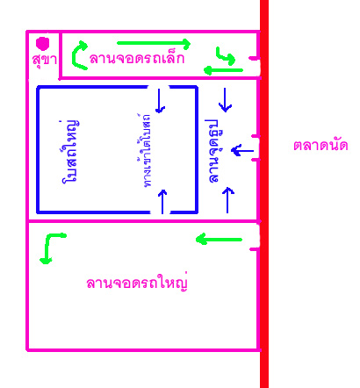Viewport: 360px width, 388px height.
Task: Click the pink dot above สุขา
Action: [x=43, y=43]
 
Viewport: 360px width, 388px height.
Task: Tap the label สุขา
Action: [x=44, y=60]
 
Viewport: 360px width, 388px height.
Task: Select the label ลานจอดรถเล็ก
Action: [x=137, y=58]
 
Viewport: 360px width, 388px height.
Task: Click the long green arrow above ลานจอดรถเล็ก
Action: [x=154, y=44]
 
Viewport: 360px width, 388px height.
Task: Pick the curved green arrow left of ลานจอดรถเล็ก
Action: [x=75, y=55]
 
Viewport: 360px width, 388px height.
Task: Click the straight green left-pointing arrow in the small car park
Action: [x=223, y=70]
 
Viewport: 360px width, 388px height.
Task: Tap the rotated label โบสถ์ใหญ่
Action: [x=70, y=151]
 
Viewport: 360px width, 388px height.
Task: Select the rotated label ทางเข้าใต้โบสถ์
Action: [x=145, y=150]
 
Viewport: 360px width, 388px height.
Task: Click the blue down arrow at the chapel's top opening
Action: [x=160, y=101]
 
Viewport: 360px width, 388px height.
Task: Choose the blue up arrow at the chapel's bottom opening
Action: [x=162, y=201]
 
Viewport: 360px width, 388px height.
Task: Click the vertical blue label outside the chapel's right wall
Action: [x=214, y=151]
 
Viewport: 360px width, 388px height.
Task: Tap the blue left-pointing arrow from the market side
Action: [x=242, y=151]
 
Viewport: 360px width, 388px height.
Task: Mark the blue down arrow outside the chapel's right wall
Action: [x=225, y=100]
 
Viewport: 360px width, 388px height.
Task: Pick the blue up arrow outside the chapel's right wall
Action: [x=227, y=200]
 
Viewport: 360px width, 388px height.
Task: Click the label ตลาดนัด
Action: [x=320, y=146]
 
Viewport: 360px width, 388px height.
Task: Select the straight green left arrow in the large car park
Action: [x=219, y=240]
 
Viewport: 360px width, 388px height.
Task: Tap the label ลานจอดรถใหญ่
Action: [x=137, y=283]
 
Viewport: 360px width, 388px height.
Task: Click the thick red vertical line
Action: [x=264, y=194]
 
